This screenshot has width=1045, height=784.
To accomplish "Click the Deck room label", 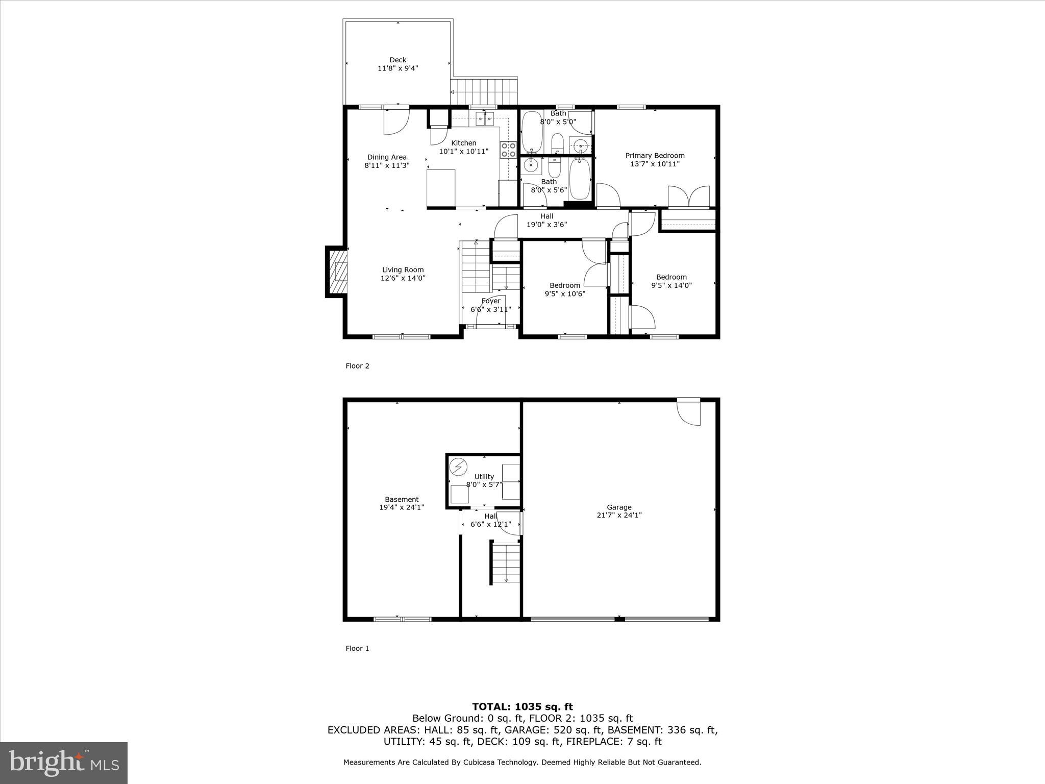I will [x=397, y=60].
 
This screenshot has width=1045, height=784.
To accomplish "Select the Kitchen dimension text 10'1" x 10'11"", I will [x=463, y=152].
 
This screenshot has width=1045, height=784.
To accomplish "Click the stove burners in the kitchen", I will [x=509, y=150].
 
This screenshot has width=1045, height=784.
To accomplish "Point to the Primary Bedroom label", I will [x=655, y=156].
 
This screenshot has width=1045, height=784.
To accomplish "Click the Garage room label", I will [x=619, y=507].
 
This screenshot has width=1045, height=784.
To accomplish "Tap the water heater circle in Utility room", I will [x=458, y=467].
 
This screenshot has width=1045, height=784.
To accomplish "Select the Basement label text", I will [x=402, y=500].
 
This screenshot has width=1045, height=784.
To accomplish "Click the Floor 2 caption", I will [x=357, y=366].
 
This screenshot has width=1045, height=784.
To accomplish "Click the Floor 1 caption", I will [x=357, y=649].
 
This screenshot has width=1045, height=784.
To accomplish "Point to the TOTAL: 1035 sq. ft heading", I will [x=522, y=706].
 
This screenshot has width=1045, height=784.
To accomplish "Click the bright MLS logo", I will [x=64, y=763].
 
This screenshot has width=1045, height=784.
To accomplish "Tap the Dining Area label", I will [x=387, y=157].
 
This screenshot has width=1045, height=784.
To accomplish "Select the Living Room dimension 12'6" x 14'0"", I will [x=403, y=278].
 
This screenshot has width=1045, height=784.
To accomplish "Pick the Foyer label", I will [x=490, y=301].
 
